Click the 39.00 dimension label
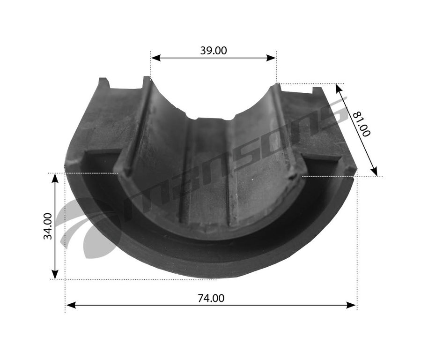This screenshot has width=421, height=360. pos(214,51)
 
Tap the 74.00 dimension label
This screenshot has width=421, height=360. pos(211,298)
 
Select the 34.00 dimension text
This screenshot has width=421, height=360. pos(48,226)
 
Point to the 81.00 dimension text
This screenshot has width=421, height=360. pos(362,124)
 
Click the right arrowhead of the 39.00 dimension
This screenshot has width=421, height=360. pos(271,58)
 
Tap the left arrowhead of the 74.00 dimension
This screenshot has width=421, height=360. pos(71,305)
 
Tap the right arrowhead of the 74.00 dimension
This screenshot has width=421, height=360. pos(351,305)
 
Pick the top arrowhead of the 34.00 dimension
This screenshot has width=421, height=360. pos(55,179)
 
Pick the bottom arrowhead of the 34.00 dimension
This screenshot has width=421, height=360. pos(55,274)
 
